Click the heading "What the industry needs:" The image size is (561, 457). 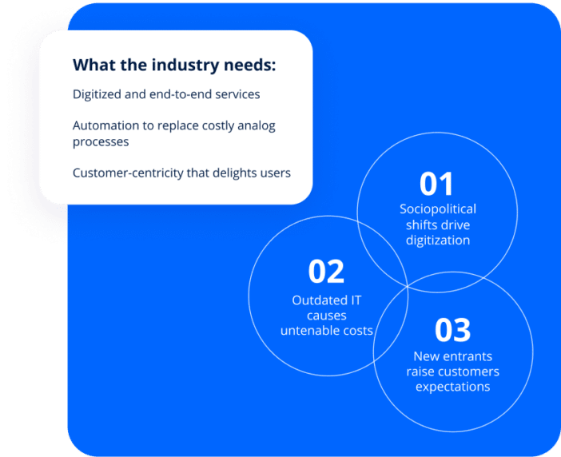click(x=174, y=66)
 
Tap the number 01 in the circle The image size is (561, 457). click(x=436, y=184)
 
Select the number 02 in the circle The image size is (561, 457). click(x=326, y=272)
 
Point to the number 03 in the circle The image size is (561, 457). click(x=452, y=330)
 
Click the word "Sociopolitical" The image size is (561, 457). click(x=438, y=209)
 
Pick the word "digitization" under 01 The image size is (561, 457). click(x=438, y=240)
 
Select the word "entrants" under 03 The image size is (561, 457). click(x=467, y=356)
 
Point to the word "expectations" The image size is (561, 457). click(x=452, y=387)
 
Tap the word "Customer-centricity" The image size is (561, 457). click(x=129, y=173)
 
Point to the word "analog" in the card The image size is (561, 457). click(x=256, y=126)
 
